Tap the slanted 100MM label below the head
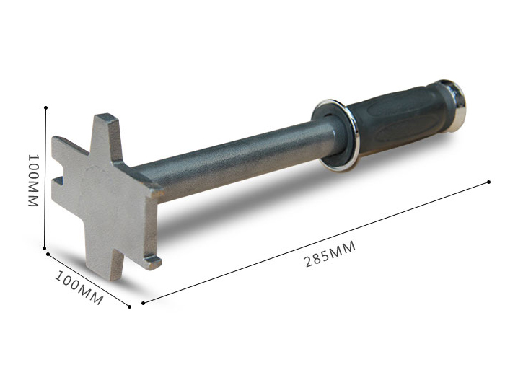click(x=80, y=287)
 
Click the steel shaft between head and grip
click(x=238, y=155)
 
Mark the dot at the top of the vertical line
click(x=46, y=108)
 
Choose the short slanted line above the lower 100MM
click(x=88, y=280)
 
